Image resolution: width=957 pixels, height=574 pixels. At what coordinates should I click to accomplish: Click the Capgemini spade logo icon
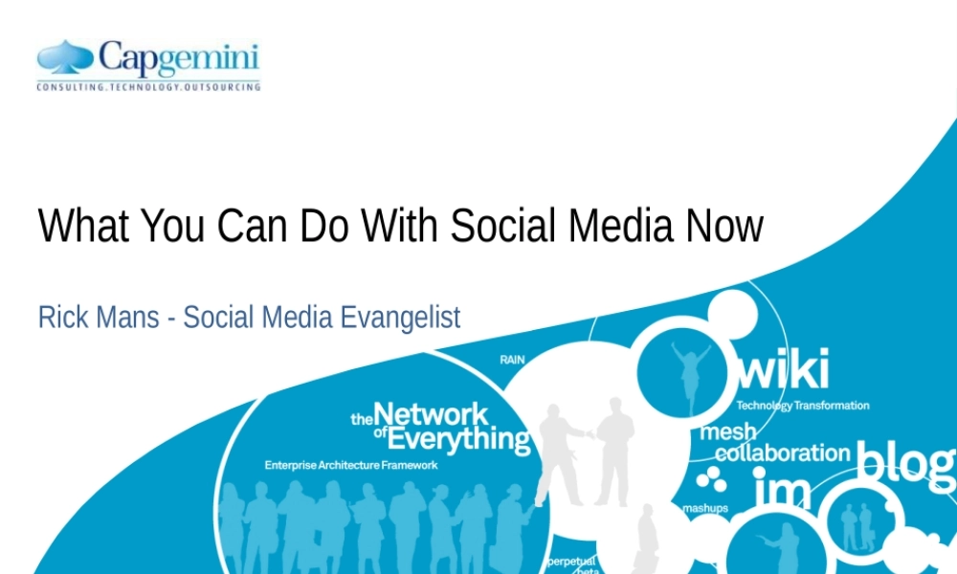pos(65,58)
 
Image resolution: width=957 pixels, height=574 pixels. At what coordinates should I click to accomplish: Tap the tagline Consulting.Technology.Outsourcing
pos(147,87)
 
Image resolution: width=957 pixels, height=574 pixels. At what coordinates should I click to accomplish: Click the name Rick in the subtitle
pos(62,317)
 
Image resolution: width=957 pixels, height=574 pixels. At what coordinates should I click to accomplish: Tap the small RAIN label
pos(512,360)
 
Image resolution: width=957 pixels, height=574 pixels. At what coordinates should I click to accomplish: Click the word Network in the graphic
pos(431,415)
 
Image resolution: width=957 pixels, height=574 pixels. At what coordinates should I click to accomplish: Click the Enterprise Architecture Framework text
pos(350,466)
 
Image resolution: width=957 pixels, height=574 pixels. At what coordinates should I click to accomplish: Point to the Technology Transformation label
pos(802,406)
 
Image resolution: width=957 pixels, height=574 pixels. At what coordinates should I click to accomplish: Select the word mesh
pos(728,431)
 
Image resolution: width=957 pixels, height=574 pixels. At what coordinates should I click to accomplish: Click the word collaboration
pos(783,453)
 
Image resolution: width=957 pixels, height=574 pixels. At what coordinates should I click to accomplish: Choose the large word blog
pos(904,461)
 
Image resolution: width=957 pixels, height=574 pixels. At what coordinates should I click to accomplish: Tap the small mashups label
pos(704,507)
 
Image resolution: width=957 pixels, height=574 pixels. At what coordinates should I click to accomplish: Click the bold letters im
pos(781,492)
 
